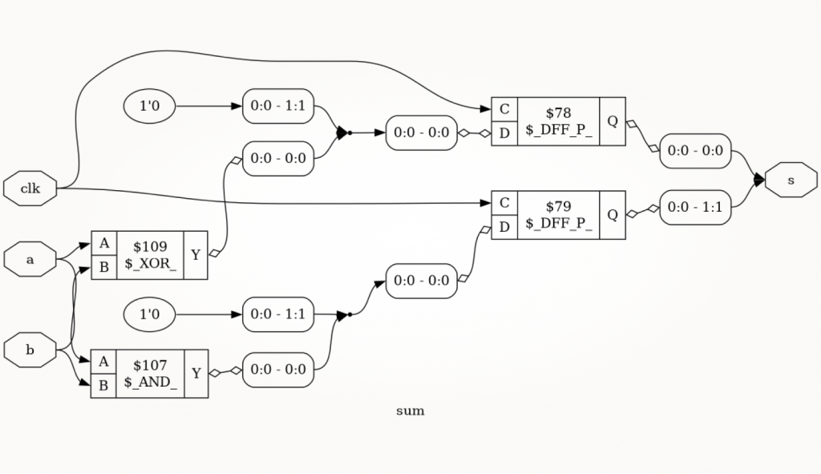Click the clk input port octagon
[30, 188]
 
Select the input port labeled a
[30, 259]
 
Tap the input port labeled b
[30, 350]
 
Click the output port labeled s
[791, 180]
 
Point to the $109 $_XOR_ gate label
[150, 255]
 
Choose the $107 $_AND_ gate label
[150, 374]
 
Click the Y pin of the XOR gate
[196, 255]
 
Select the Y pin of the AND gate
[196, 374]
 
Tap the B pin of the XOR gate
[103, 267]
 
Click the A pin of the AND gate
[103, 362]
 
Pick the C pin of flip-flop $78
[504, 109]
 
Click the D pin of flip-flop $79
[504, 227]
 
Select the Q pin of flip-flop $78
[613, 121]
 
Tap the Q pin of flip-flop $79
[613, 215]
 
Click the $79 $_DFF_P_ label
[559, 215]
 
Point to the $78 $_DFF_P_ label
[559, 121]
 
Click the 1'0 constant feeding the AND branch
[149, 314]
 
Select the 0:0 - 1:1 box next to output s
[695, 208]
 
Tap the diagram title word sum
[410, 411]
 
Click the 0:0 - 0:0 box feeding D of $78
[422, 132]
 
